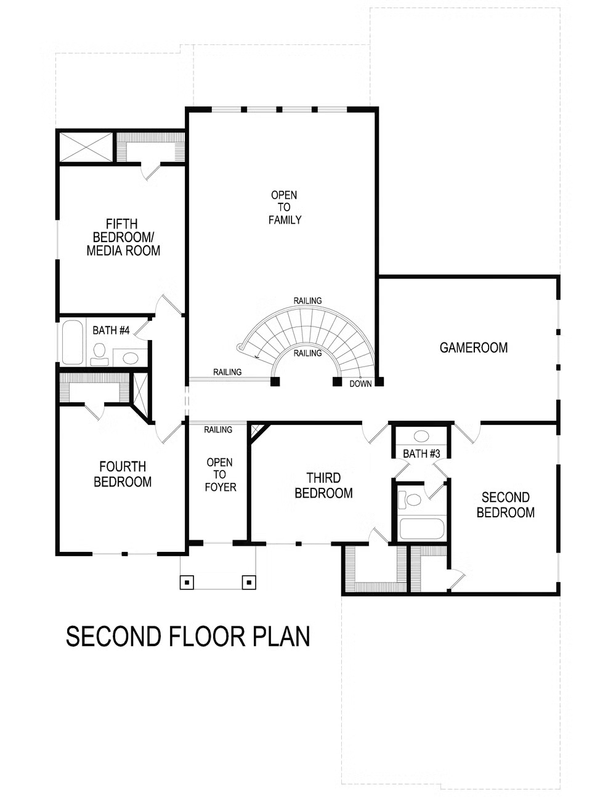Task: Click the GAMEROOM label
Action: click(x=473, y=348)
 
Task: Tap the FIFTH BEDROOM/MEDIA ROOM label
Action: click(x=123, y=237)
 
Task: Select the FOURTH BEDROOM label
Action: click(x=123, y=474)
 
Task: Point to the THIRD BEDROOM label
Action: click(x=323, y=485)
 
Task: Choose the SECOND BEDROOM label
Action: click(x=505, y=504)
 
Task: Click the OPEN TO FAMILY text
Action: click(x=284, y=208)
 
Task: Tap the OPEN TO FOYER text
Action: click(x=220, y=474)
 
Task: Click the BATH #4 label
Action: click(x=111, y=331)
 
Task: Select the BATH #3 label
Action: click(x=421, y=454)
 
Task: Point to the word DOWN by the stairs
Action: click(x=360, y=384)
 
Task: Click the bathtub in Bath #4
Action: click(x=73, y=342)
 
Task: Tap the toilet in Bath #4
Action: click(x=99, y=352)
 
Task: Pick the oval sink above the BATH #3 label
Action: click(x=421, y=437)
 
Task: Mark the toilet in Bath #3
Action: click(x=411, y=500)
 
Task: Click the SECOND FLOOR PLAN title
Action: click(x=188, y=637)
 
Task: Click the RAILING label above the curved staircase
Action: click(x=307, y=301)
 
